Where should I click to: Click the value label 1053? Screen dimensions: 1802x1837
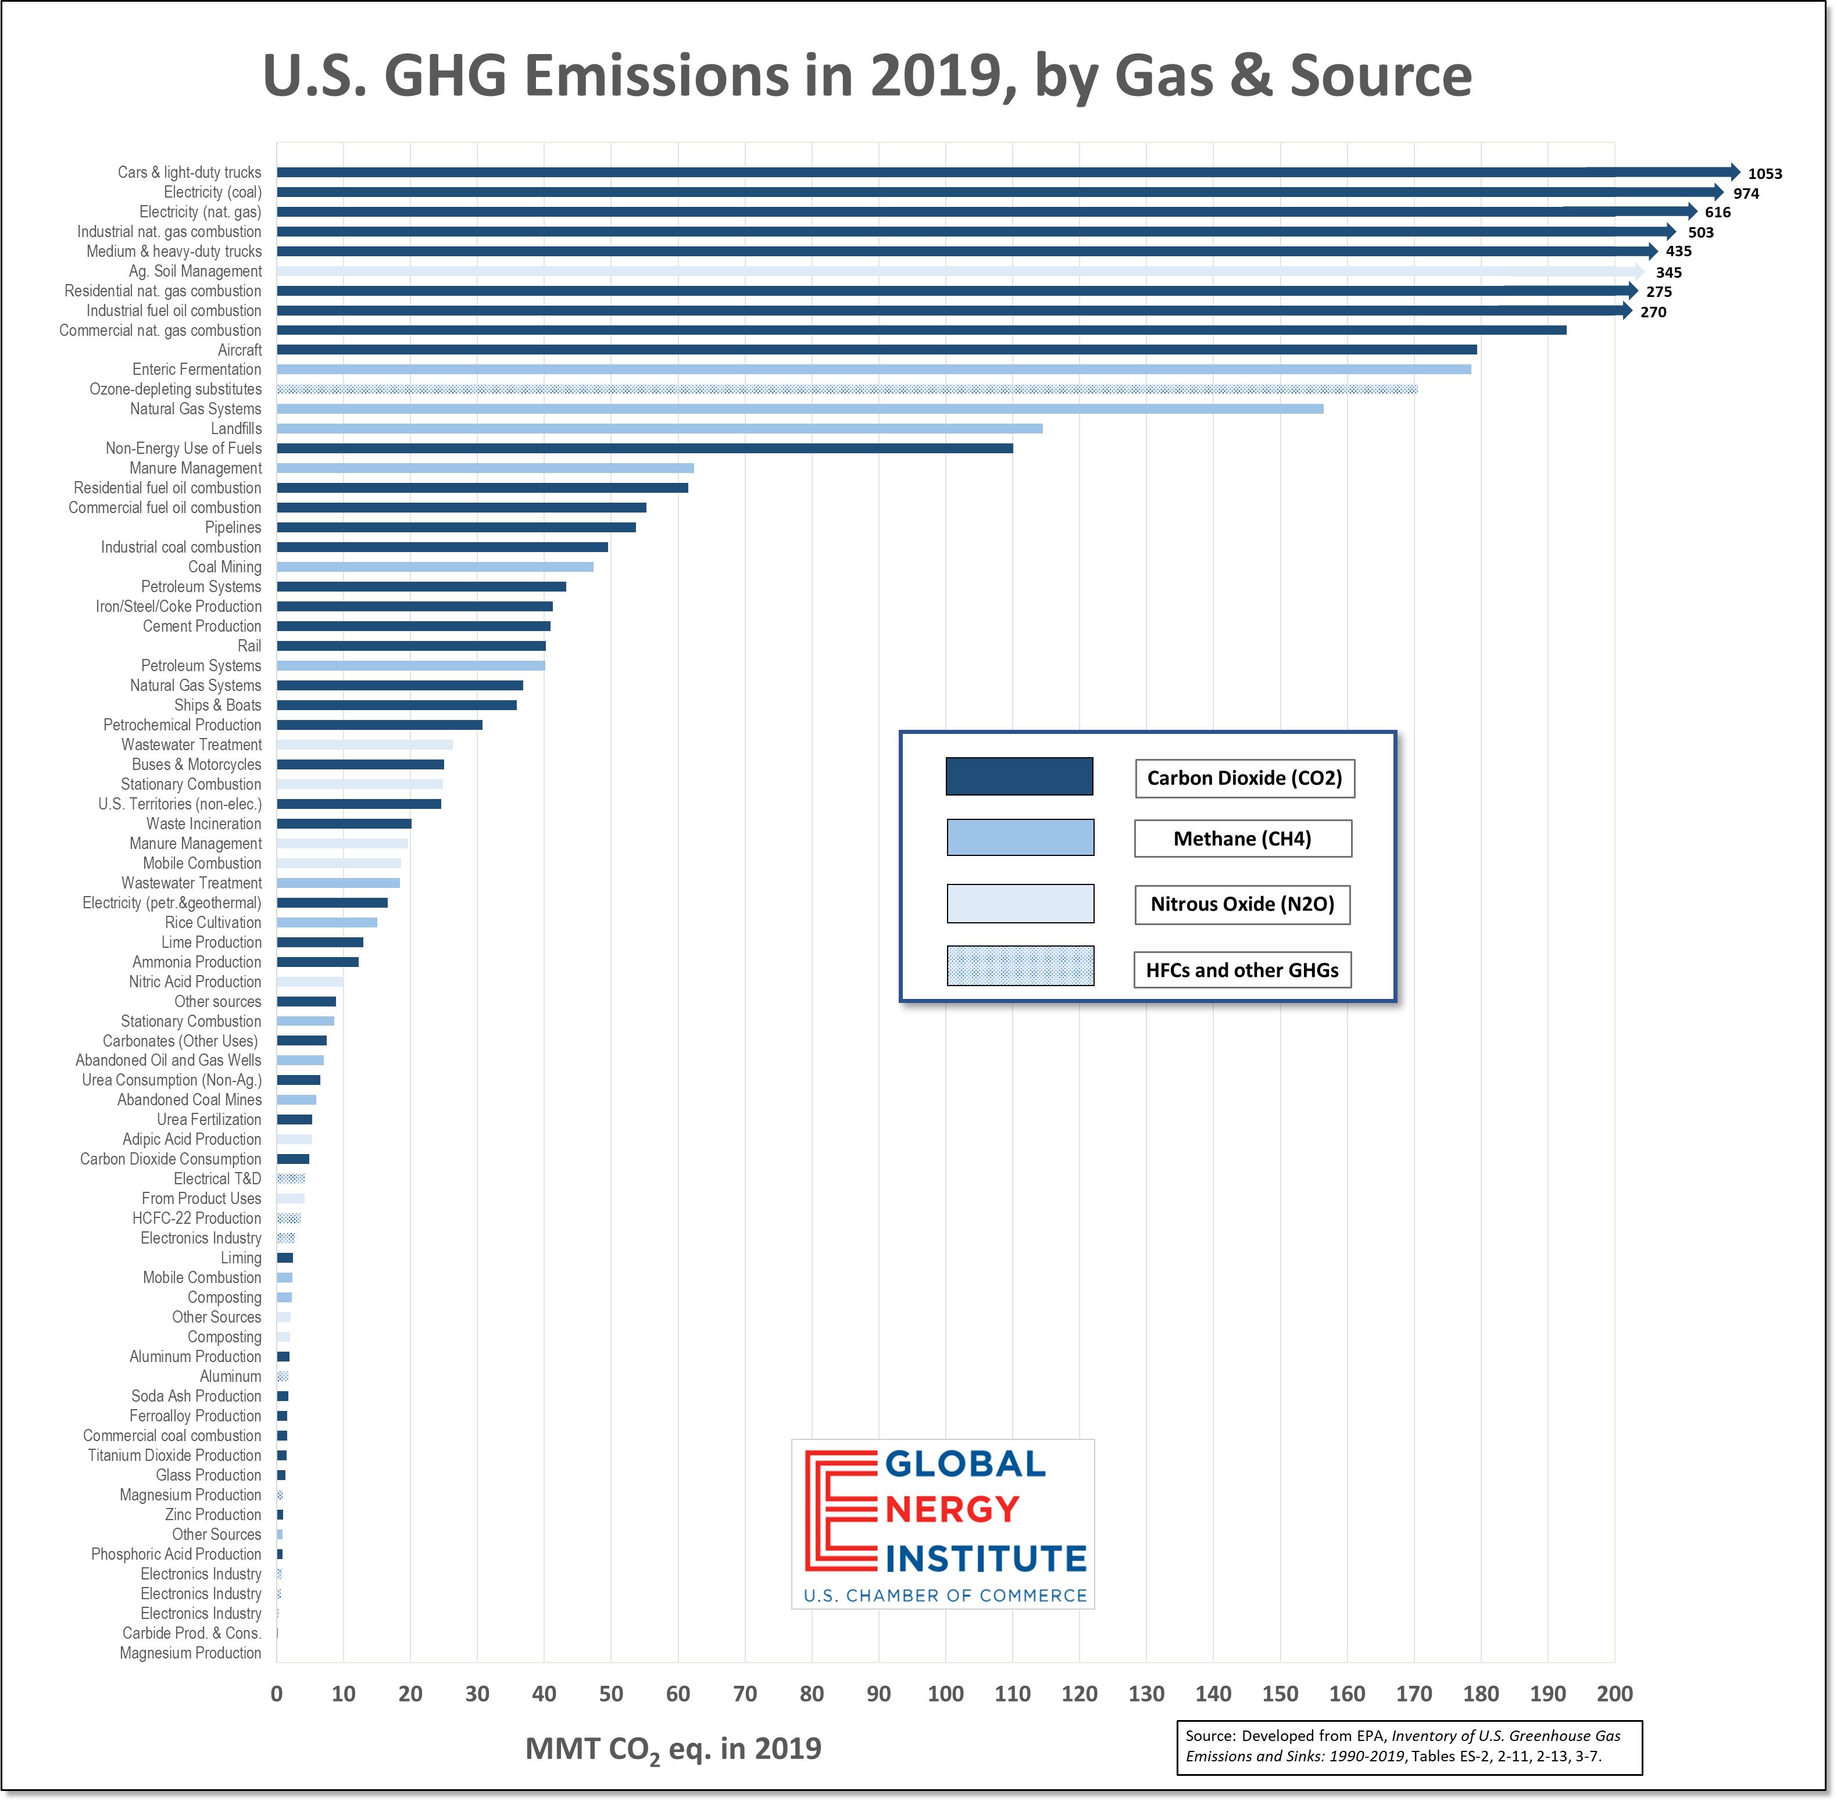tap(1764, 173)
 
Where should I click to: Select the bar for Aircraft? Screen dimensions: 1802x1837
tap(876, 349)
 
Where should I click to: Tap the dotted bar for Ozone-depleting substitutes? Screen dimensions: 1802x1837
tap(846, 389)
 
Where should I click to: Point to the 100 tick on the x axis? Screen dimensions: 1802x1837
tap(945, 1693)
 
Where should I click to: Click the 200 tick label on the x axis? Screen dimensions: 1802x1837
tap(1614, 1693)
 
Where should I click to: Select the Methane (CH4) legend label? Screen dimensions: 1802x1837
tap(1242, 839)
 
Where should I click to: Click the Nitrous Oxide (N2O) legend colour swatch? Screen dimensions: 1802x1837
tap(1020, 904)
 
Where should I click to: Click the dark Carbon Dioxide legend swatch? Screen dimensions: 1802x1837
tap(1019, 776)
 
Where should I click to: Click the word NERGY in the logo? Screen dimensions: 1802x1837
tap(953, 1510)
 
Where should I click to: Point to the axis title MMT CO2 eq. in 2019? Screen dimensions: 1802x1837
tap(673, 1749)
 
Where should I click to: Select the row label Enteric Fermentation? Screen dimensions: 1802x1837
tap(197, 369)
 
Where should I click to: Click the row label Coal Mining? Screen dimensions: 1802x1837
tap(224, 567)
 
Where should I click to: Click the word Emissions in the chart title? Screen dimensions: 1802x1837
tap(656, 76)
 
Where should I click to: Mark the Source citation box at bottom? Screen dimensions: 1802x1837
tap(1409, 1746)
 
